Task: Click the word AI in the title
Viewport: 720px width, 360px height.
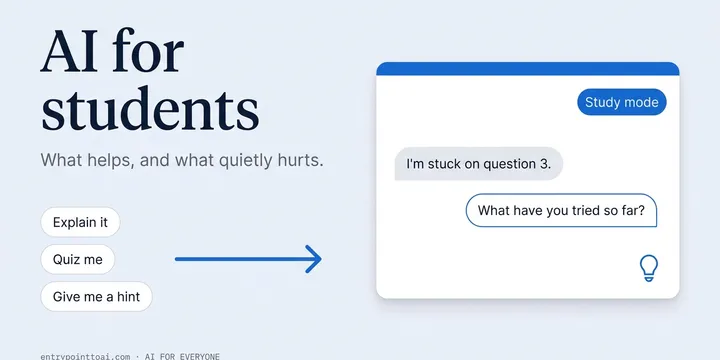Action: (68, 51)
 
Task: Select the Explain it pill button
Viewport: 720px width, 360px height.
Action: (80, 222)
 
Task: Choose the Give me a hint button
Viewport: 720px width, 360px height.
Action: (96, 297)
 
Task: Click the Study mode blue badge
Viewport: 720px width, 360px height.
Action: (622, 102)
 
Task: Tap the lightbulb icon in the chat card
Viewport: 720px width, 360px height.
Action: (649, 268)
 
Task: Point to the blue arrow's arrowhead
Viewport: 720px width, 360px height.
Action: (314, 259)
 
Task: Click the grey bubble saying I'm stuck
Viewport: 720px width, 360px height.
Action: (478, 164)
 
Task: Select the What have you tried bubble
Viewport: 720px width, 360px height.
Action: (561, 210)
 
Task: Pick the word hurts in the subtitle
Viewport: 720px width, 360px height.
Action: (300, 160)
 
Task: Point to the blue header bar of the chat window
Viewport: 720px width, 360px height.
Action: (528, 69)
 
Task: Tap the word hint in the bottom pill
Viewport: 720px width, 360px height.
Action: (128, 297)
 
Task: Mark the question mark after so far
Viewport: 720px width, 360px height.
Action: (641, 210)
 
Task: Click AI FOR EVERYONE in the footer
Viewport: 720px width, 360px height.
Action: (182, 356)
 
